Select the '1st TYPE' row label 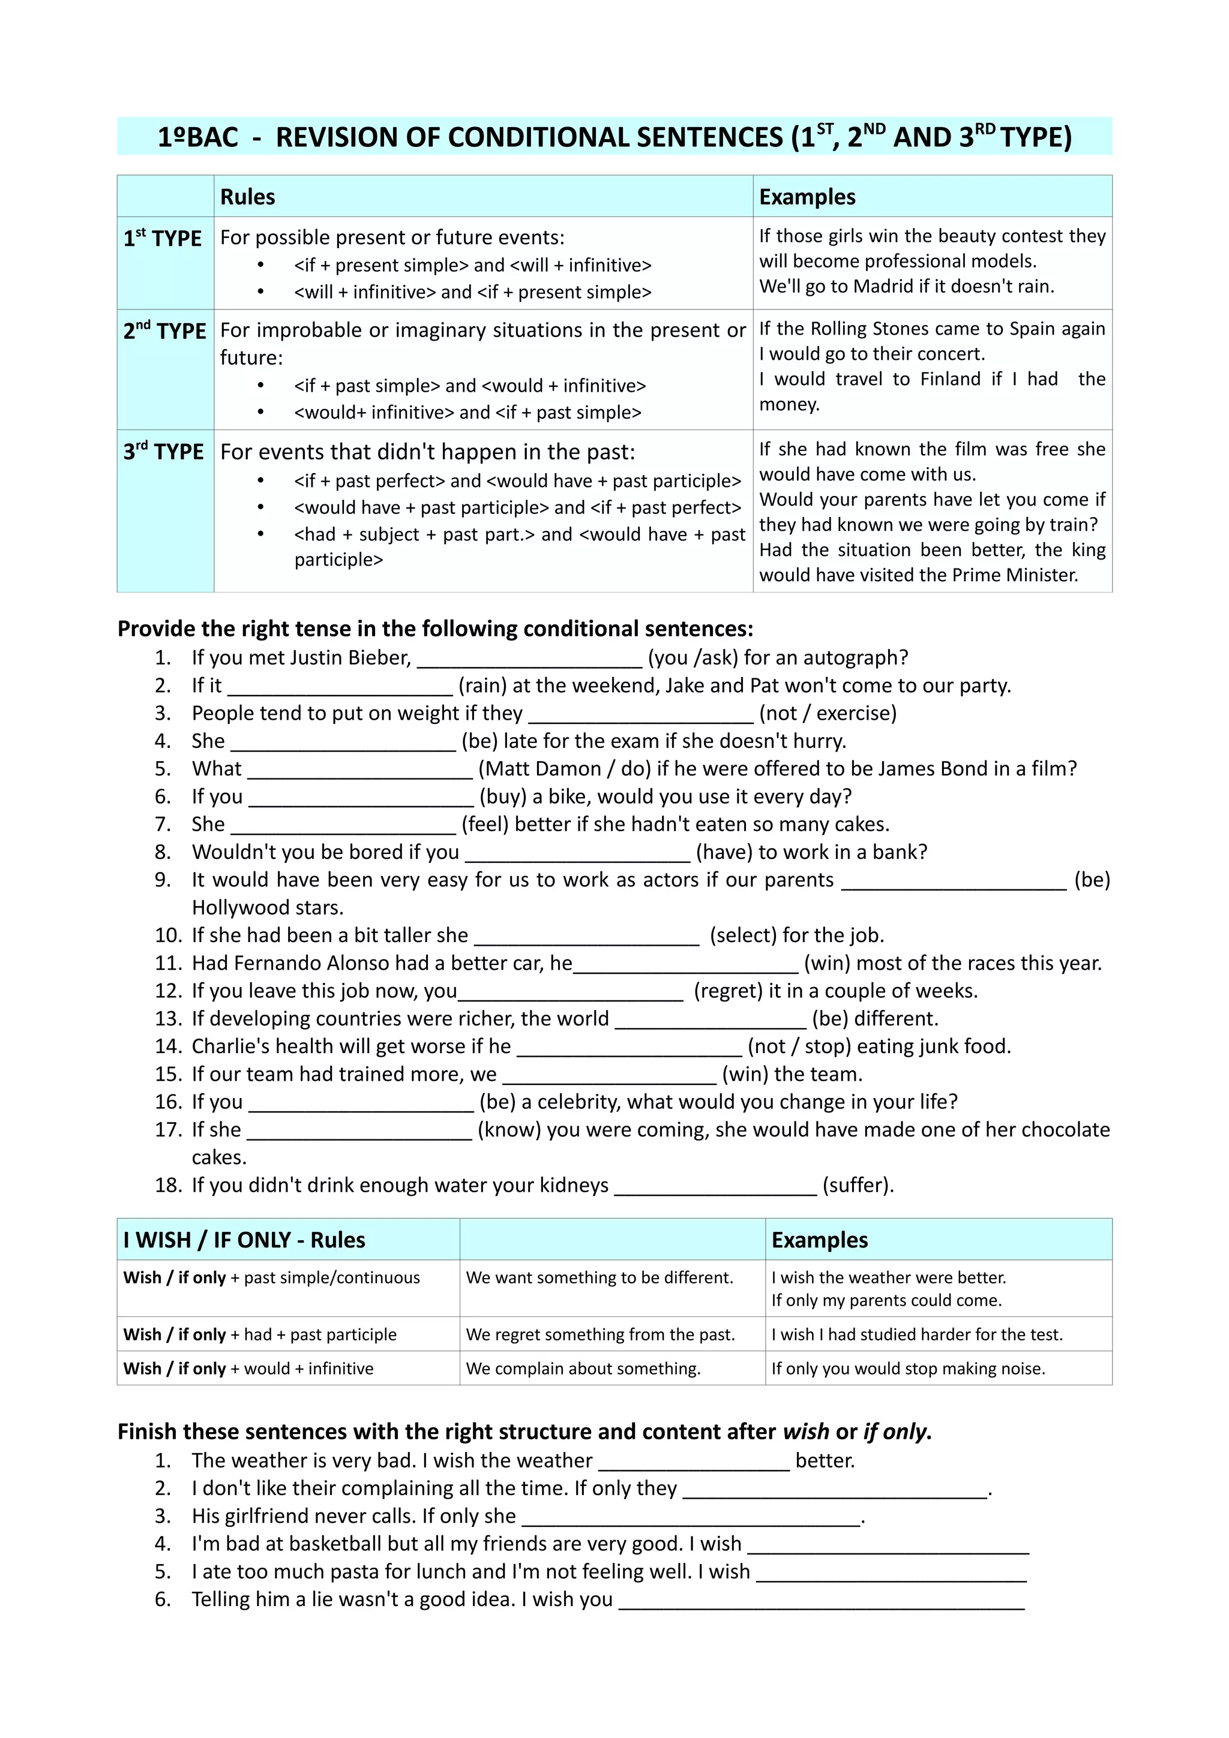click(x=163, y=239)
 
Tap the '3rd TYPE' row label click(x=164, y=452)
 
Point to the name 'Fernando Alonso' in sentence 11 click(x=323, y=964)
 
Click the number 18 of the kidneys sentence click(x=168, y=1186)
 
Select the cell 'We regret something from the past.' click(x=599, y=1334)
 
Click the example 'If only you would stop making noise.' click(x=908, y=1369)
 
